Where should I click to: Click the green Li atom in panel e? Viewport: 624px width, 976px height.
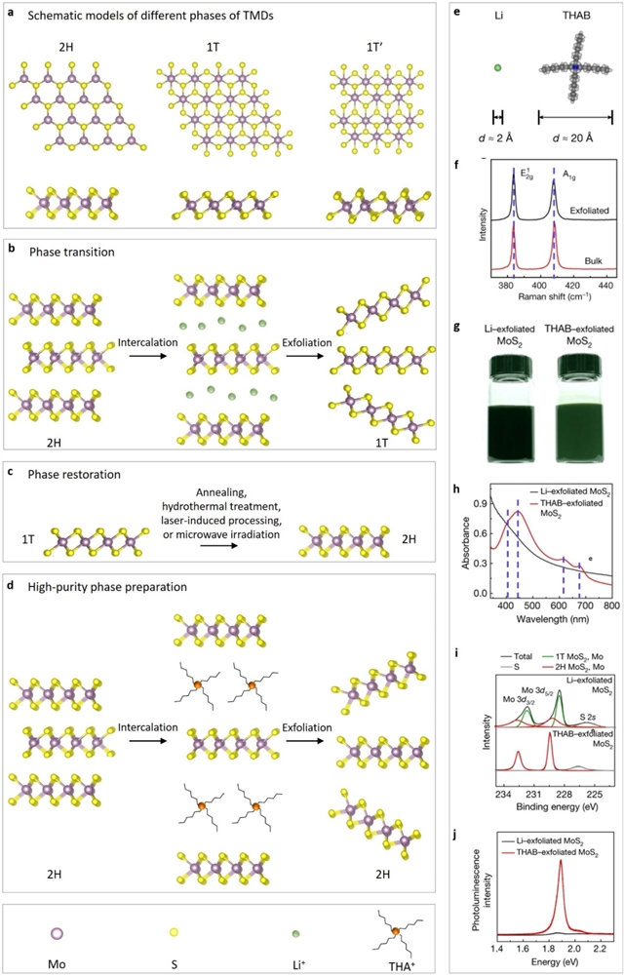(x=496, y=68)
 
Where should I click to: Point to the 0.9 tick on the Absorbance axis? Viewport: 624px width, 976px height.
(x=480, y=504)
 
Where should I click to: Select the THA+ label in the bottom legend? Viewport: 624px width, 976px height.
(x=373, y=961)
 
